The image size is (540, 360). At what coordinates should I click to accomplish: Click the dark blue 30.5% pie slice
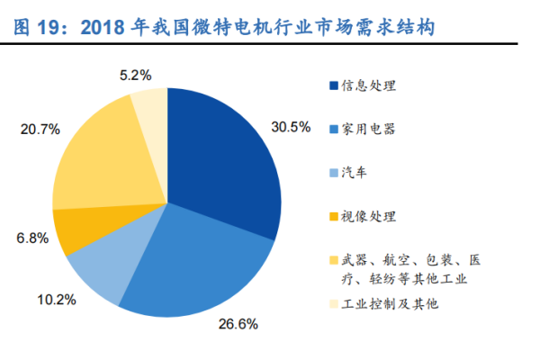point(225,153)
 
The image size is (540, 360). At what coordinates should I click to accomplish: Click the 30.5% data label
point(292,127)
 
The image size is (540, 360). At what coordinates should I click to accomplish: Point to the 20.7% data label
point(40,130)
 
